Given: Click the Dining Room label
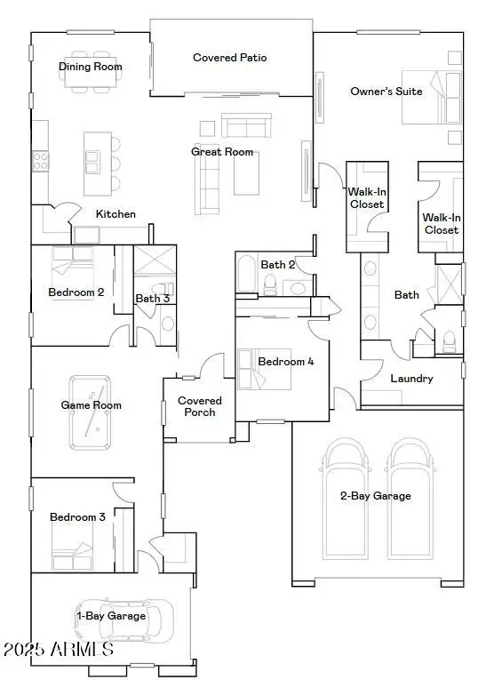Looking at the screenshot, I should pyautogui.click(x=91, y=67).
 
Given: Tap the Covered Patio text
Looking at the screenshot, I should pyautogui.click(x=230, y=58).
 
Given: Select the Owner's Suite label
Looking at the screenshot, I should pyautogui.click(x=386, y=92).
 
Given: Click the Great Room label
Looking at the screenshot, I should pyautogui.click(x=222, y=152).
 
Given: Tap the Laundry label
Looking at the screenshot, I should pyautogui.click(x=412, y=379).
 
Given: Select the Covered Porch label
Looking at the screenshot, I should pyautogui.click(x=200, y=406).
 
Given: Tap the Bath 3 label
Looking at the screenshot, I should pyautogui.click(x=152, y=299).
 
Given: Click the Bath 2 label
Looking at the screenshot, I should pyautogui.click(x=278, y=264).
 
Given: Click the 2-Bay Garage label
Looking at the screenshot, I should pyautogui.click(x=376, y=496).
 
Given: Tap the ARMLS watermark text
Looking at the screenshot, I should pyautogui.click(x=58, y=650).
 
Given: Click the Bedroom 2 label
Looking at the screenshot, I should pyautogui.click(x=76, y=292).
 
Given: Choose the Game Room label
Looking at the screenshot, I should pyautogui.click(x=91, y=405).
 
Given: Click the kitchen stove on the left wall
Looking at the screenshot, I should pyautogui.click(x=40, y=161).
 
